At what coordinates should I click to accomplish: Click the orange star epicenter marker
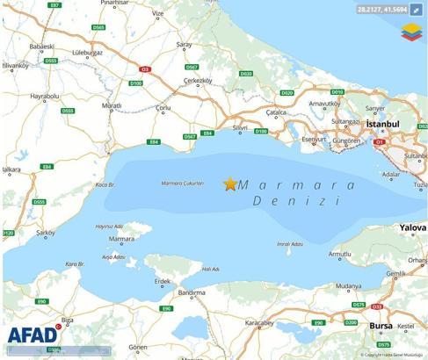(230, 184)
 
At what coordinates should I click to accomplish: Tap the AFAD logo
(34, 335)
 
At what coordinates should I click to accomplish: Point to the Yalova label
(413, 227)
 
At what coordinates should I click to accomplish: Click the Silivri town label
(241, 128)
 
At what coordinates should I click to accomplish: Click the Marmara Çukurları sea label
(183, 184)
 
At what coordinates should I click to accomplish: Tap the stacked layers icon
(411, 32)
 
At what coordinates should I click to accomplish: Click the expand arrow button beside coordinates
(417, 10)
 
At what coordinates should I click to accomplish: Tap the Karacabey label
(260, 323)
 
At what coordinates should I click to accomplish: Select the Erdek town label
(161, 281)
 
